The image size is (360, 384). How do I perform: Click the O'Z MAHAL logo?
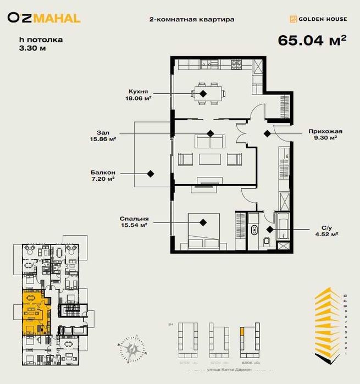43,18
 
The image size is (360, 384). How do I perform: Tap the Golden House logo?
318,19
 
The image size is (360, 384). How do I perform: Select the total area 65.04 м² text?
312,41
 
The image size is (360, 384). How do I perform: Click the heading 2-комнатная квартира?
191,19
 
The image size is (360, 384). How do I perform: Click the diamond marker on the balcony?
149,174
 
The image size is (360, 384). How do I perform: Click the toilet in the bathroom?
267,241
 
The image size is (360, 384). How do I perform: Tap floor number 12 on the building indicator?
345,295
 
